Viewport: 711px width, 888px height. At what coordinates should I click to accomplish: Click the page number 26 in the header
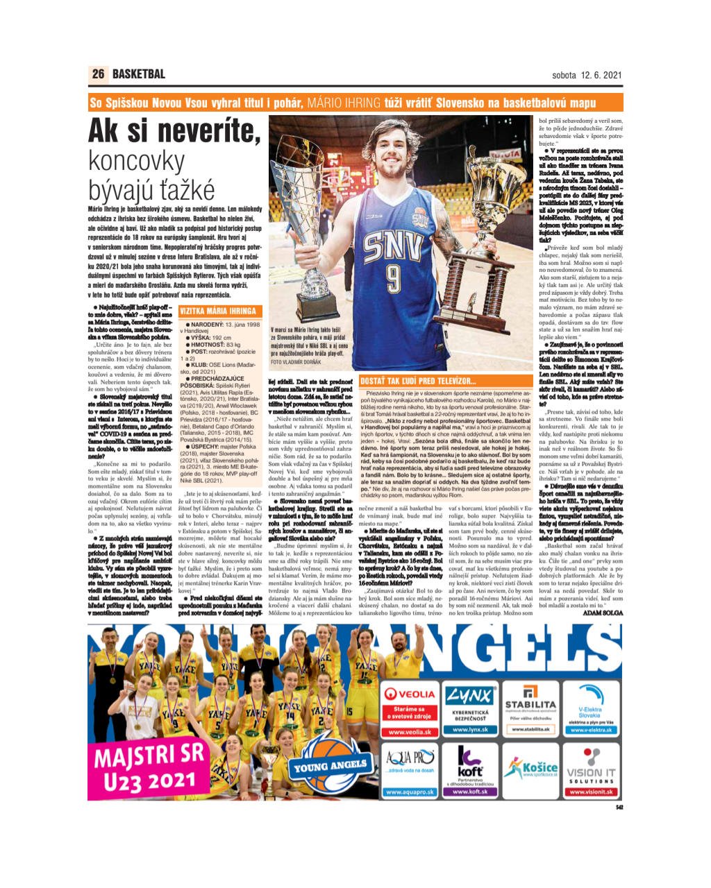pyautogui.click(x=98, y=74)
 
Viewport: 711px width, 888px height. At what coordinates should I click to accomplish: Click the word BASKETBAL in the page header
pyautogui.click(x=139, y=74)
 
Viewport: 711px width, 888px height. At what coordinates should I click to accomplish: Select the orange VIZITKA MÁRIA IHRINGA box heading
pyautogui.click(x=218, y=311)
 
